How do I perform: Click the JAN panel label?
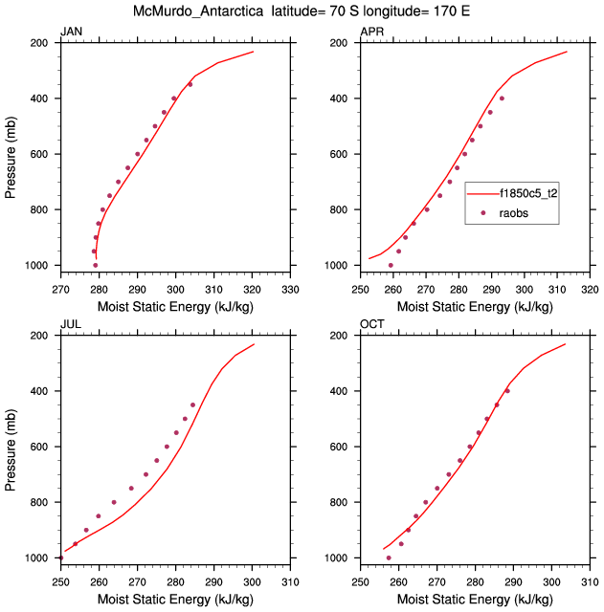tap(71, 32)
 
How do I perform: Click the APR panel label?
tap(371, 32)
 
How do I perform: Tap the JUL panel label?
tap(70, 324)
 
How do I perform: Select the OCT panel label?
tap(372, 324)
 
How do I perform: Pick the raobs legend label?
tap(515, 213)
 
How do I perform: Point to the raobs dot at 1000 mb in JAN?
tap(96, 265)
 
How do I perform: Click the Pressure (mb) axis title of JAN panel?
tap(11, 154)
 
